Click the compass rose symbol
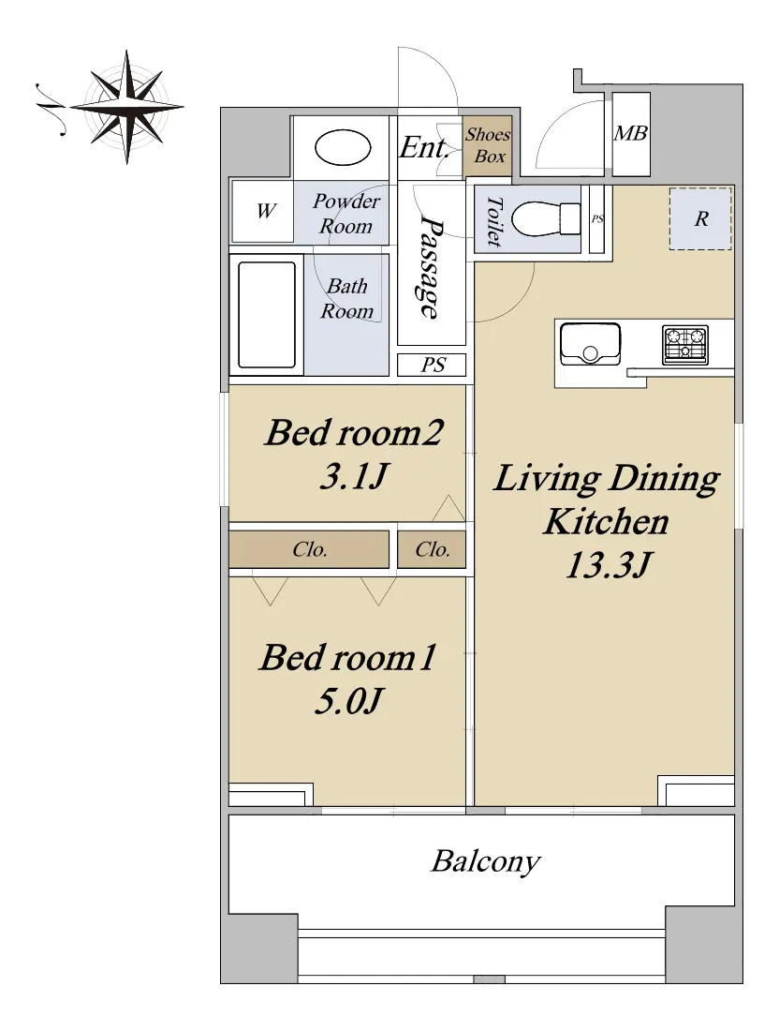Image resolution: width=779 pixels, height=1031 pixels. [x=126, y=107]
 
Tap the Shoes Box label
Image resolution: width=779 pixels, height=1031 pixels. [x=488, y=145]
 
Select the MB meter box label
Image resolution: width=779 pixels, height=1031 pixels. [x=630, y=133]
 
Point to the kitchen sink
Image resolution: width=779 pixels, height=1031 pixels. [x=590, y=343]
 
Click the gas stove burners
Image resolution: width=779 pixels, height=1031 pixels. [x=685, y=345]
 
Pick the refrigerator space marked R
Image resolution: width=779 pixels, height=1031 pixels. [x=700, y=219]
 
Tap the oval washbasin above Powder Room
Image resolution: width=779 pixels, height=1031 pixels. [x=343, y=147]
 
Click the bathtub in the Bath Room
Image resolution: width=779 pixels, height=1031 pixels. [x=266, y=315]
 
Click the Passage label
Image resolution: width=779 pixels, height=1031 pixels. [x=431, y=267]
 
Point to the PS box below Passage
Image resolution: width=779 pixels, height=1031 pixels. [x=432, y=365]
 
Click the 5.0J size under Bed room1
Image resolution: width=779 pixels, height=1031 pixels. [x=349, y=700]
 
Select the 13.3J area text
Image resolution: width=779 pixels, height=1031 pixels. [x=609, y=565]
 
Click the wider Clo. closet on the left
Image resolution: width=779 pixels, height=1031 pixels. [x=309, y=549]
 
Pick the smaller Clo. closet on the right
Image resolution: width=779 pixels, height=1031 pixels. [x=432, y=549]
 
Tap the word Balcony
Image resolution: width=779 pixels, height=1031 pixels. [x=485, y=861]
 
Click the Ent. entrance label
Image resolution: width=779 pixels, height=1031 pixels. [x=424, y=147]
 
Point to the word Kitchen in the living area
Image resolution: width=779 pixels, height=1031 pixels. [x=607, y=522]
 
